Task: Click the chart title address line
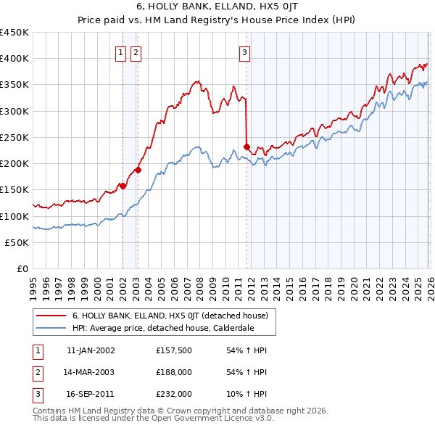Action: point(217,7)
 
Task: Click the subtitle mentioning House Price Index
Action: point(217,20)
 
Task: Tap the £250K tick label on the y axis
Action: point(14,137)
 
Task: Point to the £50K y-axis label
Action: point(17,242)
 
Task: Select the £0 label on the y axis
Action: point(22,268)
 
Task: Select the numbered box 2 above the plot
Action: point(136,52)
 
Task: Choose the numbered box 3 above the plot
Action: point(245,52)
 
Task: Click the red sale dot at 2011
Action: point(246,147)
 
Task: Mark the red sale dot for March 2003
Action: point(138,170)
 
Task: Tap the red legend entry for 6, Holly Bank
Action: point(170,316)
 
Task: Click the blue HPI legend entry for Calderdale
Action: point(173,328)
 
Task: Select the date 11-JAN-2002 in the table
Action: point(91,350)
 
